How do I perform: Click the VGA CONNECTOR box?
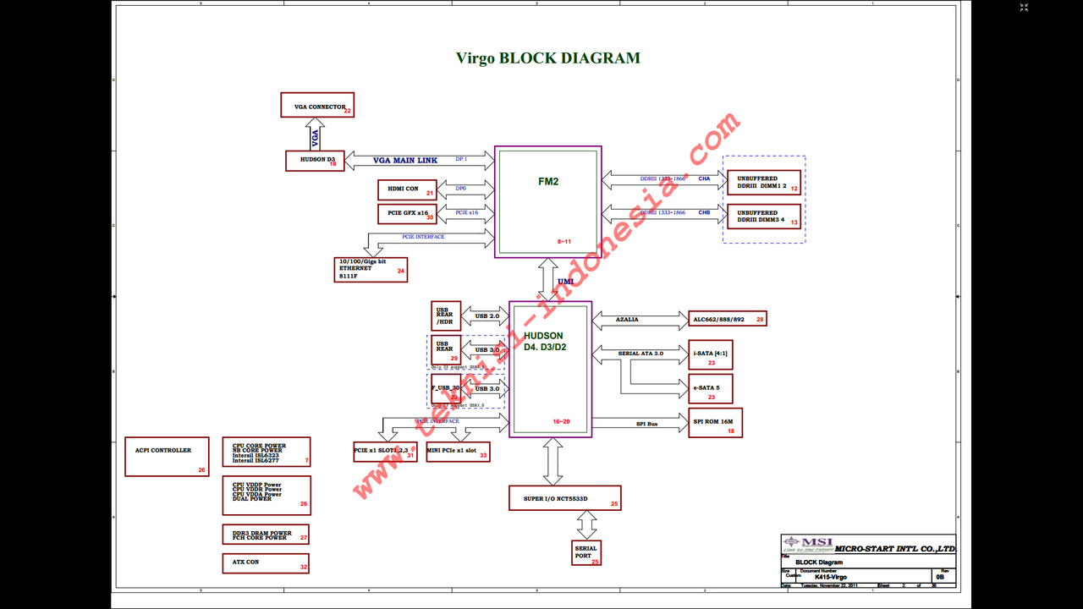[317, 105]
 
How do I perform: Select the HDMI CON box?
[407, 189]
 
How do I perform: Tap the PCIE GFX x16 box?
[407, 213]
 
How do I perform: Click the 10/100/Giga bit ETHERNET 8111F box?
[371, 269]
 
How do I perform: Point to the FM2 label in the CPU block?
[548, 181]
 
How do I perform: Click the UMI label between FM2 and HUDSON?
[565, 282]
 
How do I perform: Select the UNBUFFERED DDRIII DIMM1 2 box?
[763, 183]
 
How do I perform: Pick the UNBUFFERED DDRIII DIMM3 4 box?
[763, 217]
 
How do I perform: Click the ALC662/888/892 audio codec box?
[728, 319]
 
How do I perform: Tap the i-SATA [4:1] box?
[711, 354]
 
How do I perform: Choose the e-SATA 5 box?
[711, 389]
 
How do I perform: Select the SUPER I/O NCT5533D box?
[565, 498]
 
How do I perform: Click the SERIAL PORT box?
[586, 552]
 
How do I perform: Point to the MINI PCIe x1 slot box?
[458, 452]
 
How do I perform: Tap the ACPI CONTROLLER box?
[167, 457]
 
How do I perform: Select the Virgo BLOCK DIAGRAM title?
[548, 58]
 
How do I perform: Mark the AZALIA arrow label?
[627, 320]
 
